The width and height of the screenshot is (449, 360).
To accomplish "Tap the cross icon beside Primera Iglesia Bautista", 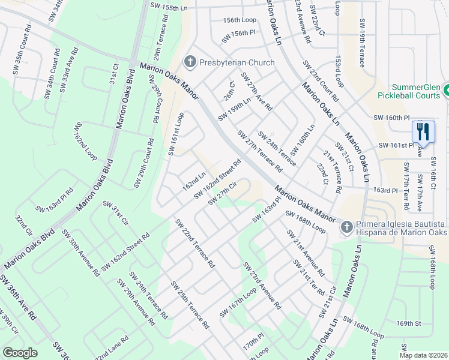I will [x=346, y=227].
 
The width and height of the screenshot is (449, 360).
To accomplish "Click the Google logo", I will [x=20, y=352].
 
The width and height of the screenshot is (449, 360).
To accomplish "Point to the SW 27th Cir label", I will [x=220, y=194].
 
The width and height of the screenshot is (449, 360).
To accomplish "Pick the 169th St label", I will [x=409, y=323].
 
